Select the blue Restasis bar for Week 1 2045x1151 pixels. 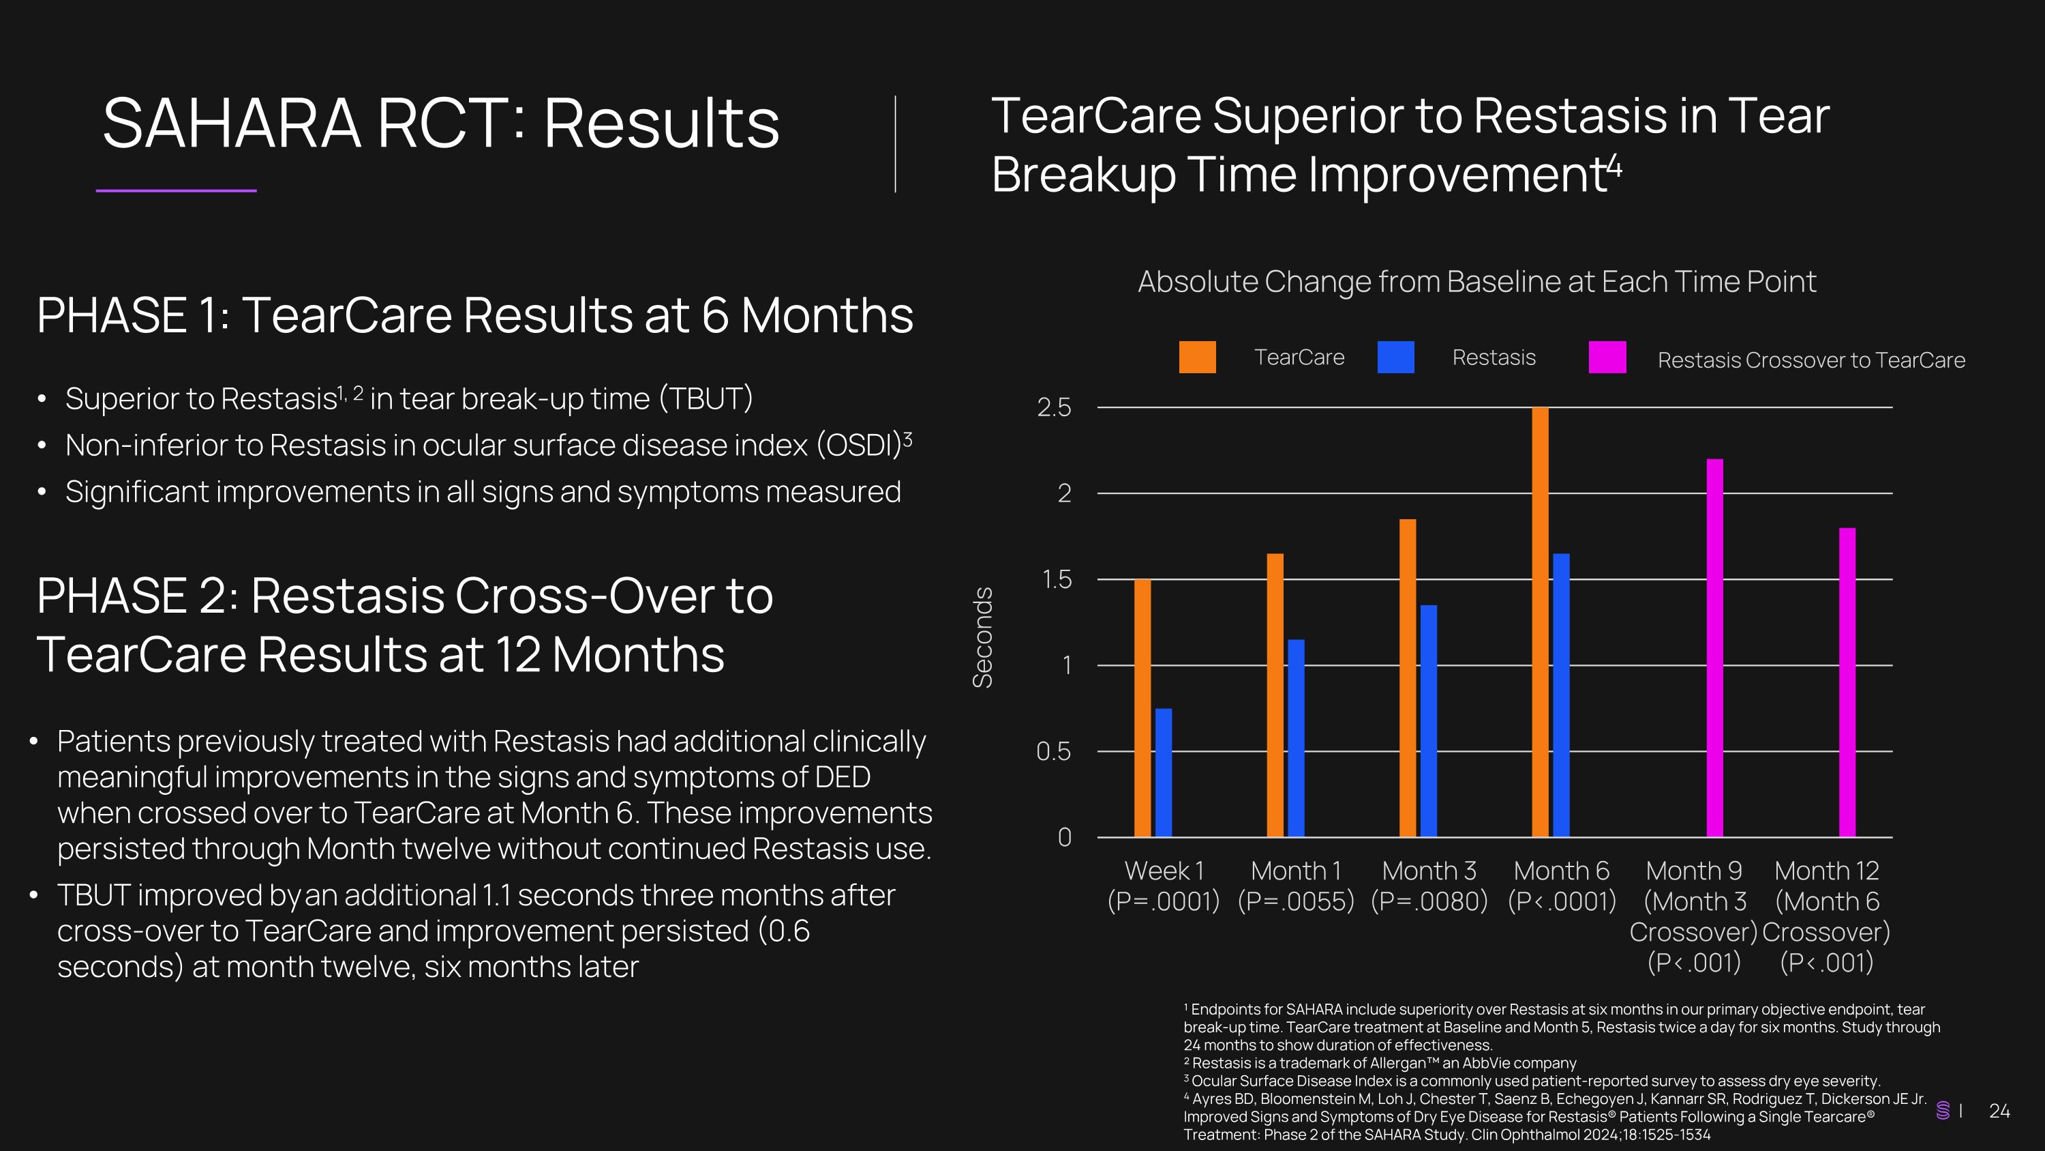tap(1163, 772)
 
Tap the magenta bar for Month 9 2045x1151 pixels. tap(1715, 647)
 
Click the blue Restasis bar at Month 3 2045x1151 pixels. tap(1428, 720)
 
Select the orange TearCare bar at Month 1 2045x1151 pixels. tap(1275, 695)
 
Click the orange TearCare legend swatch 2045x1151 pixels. tap(1197, 358)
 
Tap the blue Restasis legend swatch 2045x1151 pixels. tap(1395, 358)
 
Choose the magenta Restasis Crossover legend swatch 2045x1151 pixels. tap(1607, 358)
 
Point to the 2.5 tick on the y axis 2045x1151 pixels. tap(1055, 407)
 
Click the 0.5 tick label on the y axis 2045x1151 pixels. tap(1053, 751)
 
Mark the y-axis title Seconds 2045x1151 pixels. tap(983, 637)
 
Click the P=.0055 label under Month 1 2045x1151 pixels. tap(1296, 901)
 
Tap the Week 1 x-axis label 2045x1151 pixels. tap(1164, 871)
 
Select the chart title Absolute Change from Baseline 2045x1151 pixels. tap(1476, 282)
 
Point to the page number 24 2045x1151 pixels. tap(1999, 1111)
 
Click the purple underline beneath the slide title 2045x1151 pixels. tap(177, 190)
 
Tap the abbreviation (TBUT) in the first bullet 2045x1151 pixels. tap(706, 398)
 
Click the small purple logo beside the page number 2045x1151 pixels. tap(1943, 1111)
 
